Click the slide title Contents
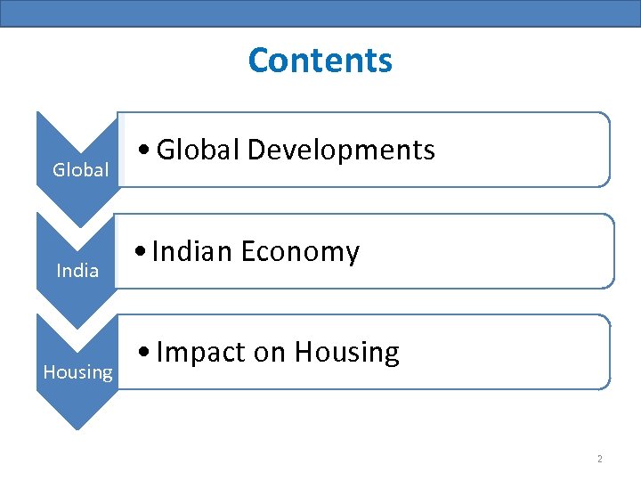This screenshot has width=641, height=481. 320,61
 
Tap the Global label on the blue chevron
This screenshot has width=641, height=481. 80,169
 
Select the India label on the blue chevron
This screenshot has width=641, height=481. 77,270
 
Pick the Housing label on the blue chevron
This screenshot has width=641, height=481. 78,371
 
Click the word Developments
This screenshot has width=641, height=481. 341,150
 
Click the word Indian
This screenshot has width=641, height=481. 192,252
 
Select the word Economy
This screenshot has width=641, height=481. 300,253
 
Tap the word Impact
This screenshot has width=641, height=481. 200,353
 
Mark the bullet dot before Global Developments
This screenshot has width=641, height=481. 144,151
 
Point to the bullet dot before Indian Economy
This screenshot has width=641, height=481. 141,253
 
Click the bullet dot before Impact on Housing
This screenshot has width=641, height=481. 144,354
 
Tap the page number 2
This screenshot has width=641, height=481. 599,459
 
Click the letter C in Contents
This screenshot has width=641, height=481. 259,61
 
